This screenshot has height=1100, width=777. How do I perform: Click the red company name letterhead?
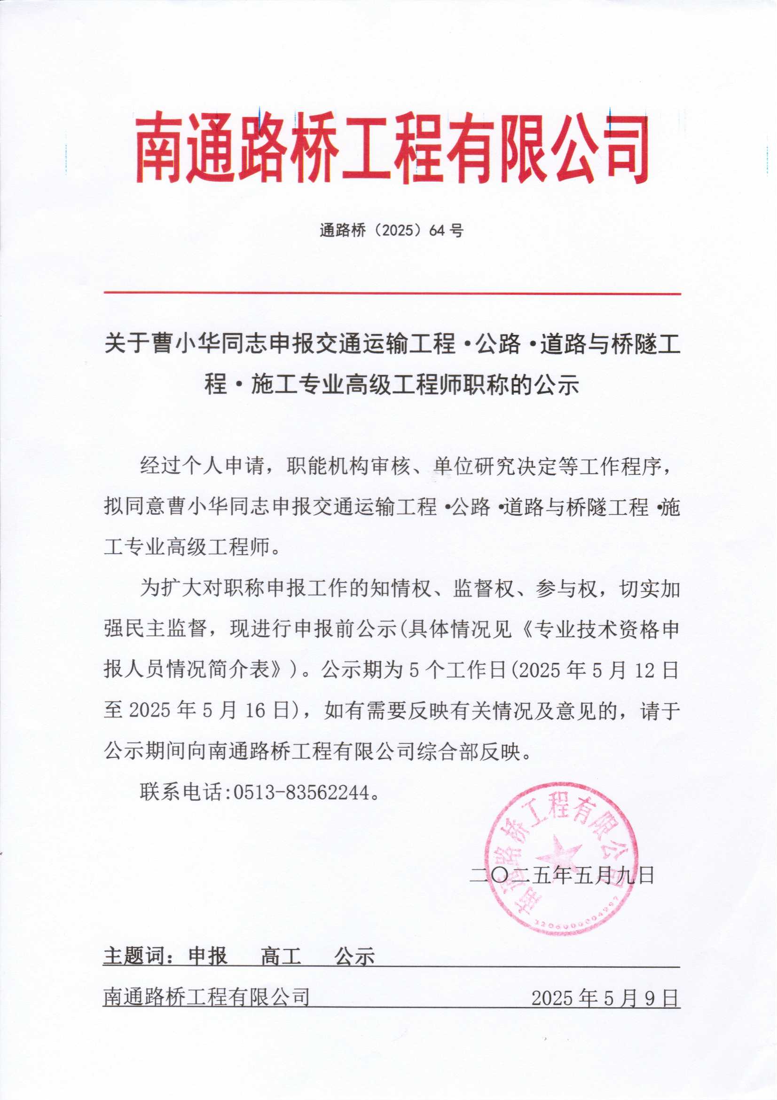point(392,149)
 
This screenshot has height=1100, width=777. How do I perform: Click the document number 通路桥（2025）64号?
point(392,231)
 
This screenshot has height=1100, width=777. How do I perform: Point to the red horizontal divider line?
point(392,293)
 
